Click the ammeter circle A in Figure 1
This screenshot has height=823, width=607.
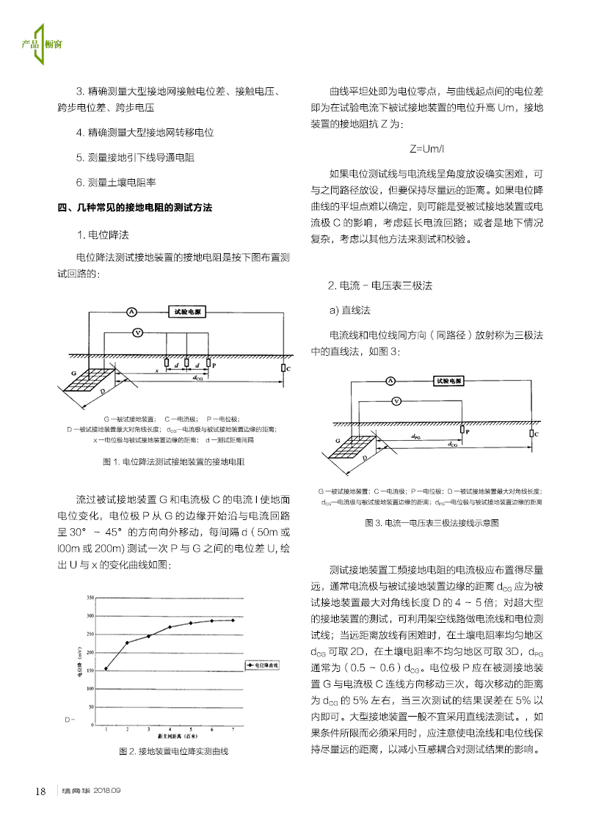point(132,312)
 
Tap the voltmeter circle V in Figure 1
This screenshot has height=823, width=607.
point(137,332)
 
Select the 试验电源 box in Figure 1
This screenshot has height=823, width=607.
point(186,311)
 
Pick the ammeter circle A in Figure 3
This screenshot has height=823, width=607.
point(391,381)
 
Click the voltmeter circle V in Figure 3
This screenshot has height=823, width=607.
point(396,401)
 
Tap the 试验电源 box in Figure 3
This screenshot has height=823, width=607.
point(448,381)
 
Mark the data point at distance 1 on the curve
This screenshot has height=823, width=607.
point(106,668)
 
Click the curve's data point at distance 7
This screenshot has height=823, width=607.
point(233,620)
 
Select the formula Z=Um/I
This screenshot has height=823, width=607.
point(426,148)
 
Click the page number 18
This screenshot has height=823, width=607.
point(41,791)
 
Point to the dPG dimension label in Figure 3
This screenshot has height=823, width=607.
point(416,436)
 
